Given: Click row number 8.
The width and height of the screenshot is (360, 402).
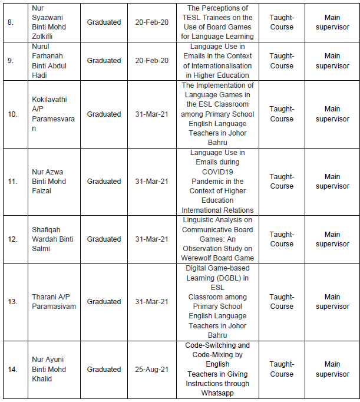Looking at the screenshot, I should coord(12,22).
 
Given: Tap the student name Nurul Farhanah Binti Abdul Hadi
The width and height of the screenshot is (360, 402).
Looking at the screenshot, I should coord(51,61).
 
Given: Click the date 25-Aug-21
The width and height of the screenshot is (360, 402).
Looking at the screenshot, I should coord(151,370).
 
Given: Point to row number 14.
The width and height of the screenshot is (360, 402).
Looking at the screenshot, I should coord(13,370).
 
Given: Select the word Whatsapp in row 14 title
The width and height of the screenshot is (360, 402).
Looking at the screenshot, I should coord(217,393).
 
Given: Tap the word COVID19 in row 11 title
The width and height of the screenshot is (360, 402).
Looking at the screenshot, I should coord(217,172).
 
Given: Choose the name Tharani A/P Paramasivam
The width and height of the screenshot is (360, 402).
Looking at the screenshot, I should coord(54,302).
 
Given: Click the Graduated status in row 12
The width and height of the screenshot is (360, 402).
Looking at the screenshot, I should coord(104,239).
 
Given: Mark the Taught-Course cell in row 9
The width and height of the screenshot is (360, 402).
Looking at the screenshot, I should coord(282,61).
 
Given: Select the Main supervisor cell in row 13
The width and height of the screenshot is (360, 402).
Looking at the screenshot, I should coord(332,302).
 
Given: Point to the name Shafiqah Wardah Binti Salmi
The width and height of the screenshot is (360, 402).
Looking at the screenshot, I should coord(51,239).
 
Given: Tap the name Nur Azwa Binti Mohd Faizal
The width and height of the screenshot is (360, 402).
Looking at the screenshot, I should coord(51,182).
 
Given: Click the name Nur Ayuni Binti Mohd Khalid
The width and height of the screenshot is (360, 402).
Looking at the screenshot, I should coord(51,370).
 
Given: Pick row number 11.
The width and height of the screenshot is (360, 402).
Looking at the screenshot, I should coord(13,182).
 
